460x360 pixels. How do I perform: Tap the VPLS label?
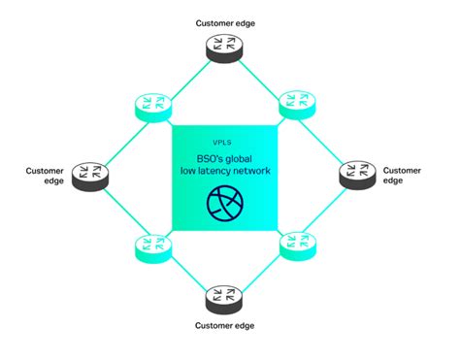[x=224, y=141]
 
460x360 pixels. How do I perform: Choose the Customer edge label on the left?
[x=46, y=176]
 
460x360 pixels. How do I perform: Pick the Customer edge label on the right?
[x=402, y=176]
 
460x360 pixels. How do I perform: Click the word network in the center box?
[x=251, y=173]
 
